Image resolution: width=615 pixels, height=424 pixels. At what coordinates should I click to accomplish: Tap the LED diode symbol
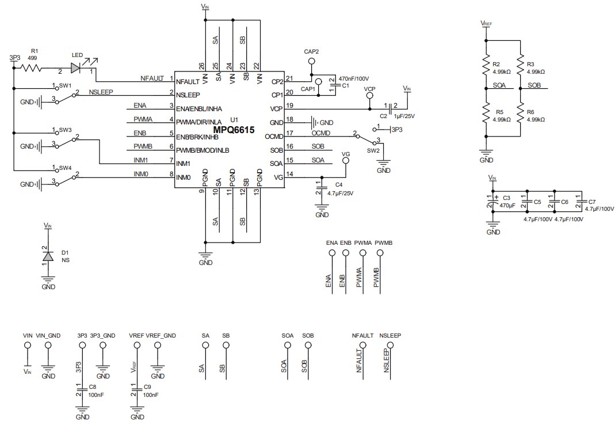(76, 68)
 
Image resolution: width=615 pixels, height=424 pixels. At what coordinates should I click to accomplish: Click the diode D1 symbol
(48, 256)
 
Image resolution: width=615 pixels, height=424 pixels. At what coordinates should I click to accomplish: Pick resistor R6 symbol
(520, 115)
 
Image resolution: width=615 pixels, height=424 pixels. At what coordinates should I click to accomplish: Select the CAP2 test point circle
(311, 61)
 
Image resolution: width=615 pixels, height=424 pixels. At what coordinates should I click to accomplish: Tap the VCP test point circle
(369, 97)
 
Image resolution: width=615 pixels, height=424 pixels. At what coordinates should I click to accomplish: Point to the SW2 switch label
(373, 150)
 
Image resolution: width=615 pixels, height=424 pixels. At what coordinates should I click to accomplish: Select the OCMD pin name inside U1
(273, 137)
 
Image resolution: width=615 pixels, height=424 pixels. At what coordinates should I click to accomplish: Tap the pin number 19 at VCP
(290, 105)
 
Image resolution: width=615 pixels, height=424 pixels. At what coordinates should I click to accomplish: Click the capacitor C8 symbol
(82, 391)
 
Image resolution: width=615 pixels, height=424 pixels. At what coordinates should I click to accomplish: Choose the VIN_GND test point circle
(48, 345)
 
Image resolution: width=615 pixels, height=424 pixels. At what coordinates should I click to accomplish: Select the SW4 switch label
(64, 168)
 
